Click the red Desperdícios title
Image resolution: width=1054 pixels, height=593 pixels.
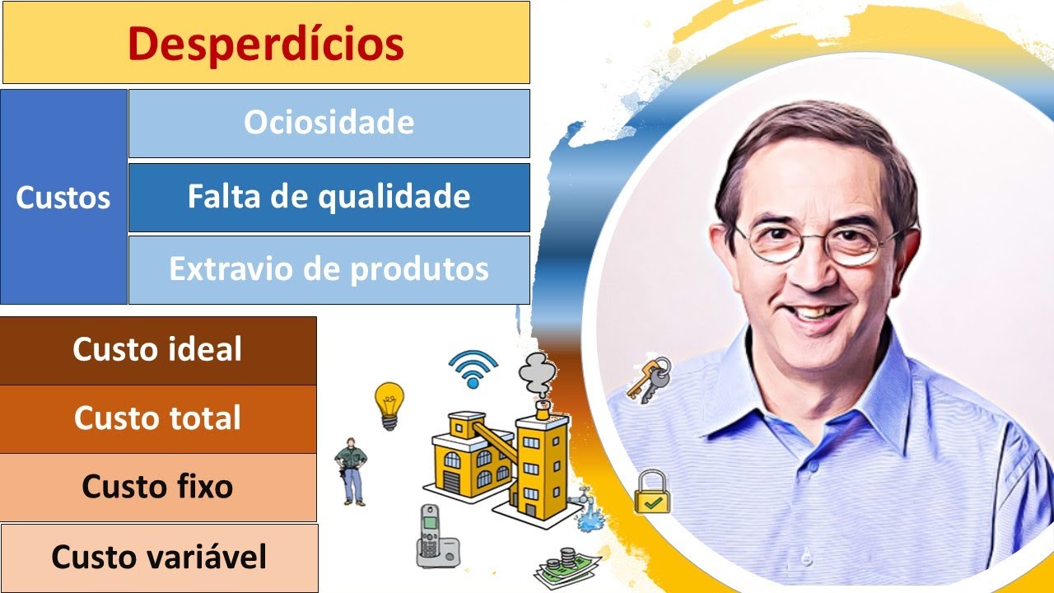point(266,44)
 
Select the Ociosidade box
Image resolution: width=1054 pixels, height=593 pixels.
point(329,123)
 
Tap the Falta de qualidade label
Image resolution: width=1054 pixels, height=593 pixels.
point(329,197)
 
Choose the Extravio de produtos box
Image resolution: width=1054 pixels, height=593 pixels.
point(329,269)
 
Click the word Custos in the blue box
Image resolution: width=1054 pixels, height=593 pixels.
point(63,198)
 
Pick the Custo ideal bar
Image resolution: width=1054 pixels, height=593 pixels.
point(157,350)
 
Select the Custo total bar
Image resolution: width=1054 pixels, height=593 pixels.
point(157,418)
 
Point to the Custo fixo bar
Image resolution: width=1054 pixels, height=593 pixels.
point(157,487)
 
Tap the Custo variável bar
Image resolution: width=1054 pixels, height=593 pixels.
point(159,558)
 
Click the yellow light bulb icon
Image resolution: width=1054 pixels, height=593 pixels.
point(389,404)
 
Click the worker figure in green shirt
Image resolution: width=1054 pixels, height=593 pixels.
point(352,470)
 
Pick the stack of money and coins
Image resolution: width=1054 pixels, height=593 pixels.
point(567,567)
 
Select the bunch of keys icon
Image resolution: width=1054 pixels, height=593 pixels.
point(649,380)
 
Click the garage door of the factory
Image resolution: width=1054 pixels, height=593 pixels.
point(452,479)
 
